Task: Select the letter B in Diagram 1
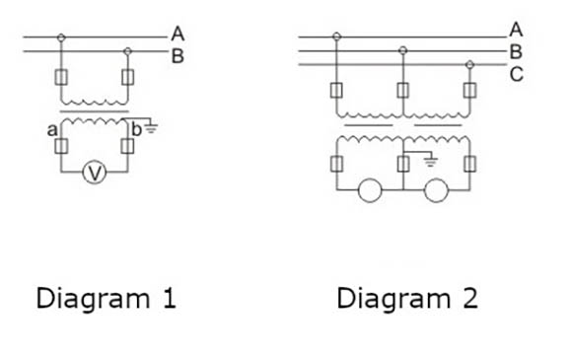click(177, 55)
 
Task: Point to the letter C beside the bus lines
click(516, 74)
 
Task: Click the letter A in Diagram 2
click(515, 29)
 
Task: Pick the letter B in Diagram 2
click(515, 52)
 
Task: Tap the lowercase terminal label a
click(51, 130)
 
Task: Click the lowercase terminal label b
click(136, 130)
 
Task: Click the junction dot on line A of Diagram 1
click(62, 38)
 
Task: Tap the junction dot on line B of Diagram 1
click(126, 49)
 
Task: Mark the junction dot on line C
click(468, 64)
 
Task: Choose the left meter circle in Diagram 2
click(369, 189)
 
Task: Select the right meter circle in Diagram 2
click(435, 189)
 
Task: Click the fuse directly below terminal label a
click(61, 147)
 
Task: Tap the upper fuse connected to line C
click(468, 91)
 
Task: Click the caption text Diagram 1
click(107, 298)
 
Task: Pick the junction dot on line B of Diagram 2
click(402, 49)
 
